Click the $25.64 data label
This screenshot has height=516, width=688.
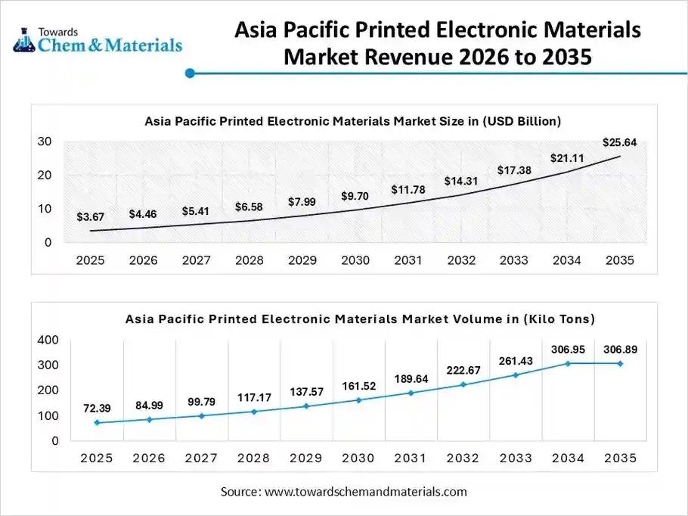(618, 142)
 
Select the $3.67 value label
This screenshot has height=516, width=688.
(91, 217)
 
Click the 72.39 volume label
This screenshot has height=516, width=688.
(97, 409)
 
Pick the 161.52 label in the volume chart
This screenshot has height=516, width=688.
(358, 386)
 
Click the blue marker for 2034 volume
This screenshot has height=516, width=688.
(568, 363)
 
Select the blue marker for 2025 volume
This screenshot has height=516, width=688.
(97, 422)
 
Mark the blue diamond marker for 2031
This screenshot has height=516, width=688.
(411, 393)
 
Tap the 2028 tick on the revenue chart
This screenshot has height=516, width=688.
(249, 260)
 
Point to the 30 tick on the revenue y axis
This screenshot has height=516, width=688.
(45, 141)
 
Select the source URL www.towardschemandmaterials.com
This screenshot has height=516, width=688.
(365, 492)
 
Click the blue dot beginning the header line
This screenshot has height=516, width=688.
(191, 73)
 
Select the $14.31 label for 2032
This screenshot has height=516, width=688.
(461, 181)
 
